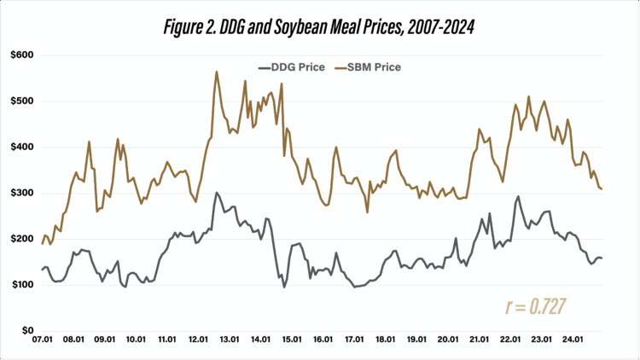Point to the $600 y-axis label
coord(20,55)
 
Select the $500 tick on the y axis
coord(20,102)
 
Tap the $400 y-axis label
coord(20,148)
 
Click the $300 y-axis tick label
coord(20,194)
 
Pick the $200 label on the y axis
coord(20,240)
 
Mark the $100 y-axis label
coord(20,286)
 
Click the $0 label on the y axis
coord(25,331)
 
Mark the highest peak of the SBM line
coord(217,72)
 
